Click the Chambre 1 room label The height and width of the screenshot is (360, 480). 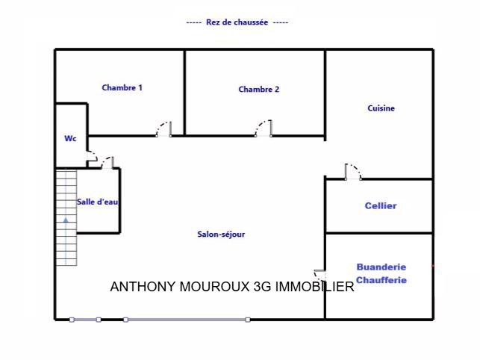tap(122, 87)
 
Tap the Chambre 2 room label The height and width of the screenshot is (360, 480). tap(259, 89)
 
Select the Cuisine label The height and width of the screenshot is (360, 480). tap(381, 108)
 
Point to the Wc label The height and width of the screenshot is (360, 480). tap(70, 138)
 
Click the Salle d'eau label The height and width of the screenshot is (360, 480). tap(98, 202)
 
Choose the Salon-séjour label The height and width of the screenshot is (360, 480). tap(221, 235)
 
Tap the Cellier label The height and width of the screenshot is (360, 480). tap(381, 205)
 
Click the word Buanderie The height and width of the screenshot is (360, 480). tap(381, 267)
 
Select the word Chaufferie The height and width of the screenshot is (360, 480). tap(381, 280)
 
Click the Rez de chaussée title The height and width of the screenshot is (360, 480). tap(237, 22)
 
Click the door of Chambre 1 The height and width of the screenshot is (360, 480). tap(163, 129)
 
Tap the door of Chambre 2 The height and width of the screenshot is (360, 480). tap(264, 128)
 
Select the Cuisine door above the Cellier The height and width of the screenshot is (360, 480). tap(353, 172)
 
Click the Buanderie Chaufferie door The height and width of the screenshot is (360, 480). tap(320, 275)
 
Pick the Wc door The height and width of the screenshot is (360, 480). tap(92, 156)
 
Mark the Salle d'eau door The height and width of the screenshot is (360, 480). tap(107, 163)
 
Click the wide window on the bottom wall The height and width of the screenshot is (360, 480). tap(187, 320)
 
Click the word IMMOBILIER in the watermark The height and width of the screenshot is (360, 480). tap(315, 287)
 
